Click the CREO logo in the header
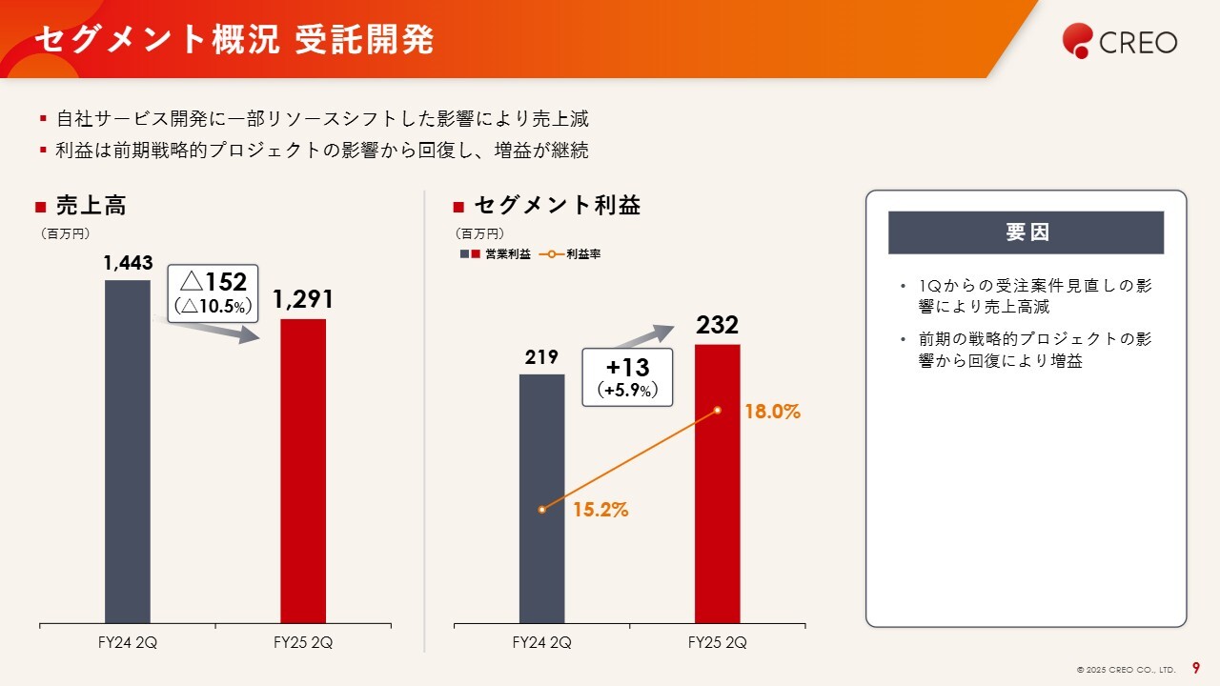[x=1120, y=41]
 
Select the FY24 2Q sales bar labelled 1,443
[x=127, y=452]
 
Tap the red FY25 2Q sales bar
[x=303, y=471]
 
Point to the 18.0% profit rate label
[x=772, y=413]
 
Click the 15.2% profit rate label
[x=600, y=510]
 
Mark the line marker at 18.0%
[x=718, y=411]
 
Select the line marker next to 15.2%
[x=541, y=510]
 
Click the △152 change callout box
[x=213, y=293]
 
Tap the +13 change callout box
[x=627, y=377]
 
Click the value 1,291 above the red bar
[x=303, y=300]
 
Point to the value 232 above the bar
[x=717, y=326]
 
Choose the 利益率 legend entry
[x=571, y=254]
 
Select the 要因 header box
[x=1026, y=232]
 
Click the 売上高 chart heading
[x=91, y=205]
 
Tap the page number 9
[x=1196, y=669]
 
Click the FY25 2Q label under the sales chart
[x=303, y=642]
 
